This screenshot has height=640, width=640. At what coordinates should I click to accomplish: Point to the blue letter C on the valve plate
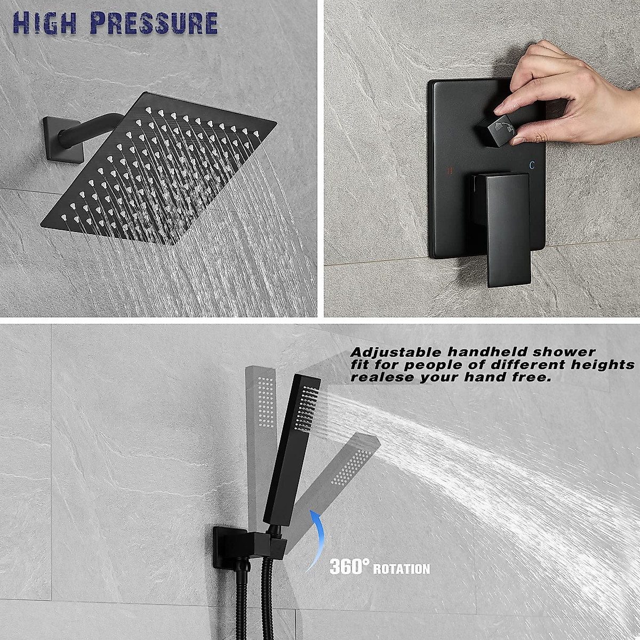coord(532,166)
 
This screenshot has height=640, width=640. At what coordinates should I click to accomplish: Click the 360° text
coord(349,566)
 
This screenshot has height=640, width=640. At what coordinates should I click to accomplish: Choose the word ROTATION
coord(401,569)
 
